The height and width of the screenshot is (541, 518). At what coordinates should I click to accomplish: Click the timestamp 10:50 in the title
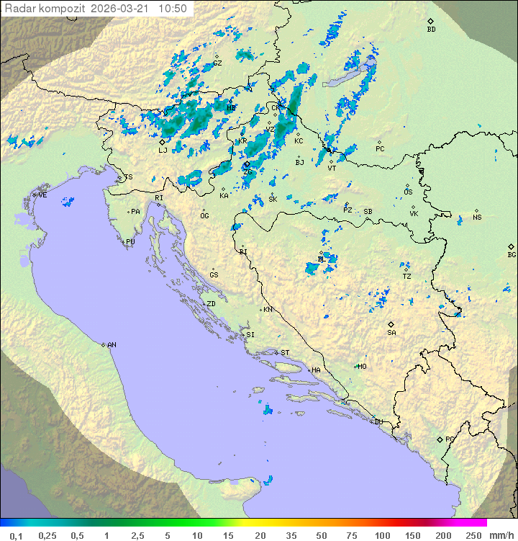pyautogui.click(x=173, y=9)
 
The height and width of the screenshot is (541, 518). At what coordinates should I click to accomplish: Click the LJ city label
pyautogui.click(x=163, y=150)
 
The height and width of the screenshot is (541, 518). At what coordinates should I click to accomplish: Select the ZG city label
pyautogui.click(x=248, y=172)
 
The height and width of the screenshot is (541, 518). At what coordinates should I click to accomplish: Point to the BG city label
pyautogui.click(x=512, y=254)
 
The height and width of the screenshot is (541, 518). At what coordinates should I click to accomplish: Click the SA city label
pyautogui.click(x=391, y=332)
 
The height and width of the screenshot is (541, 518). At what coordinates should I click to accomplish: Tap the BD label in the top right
pyautogui.click(x=431, y=30)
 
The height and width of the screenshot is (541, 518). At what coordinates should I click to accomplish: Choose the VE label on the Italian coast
pyautogui.click(x=42, y=195)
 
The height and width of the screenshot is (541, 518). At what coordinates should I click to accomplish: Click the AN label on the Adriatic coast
pyautogui.click(x=112, y=345)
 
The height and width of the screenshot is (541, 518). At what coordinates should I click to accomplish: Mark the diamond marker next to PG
pyautogui.click(x=440, y=439)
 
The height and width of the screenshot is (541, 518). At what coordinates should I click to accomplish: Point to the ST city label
pyautogui.click(x=285, y=353)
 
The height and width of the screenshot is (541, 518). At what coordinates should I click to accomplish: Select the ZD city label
pyautogui.click(x=211, y=304)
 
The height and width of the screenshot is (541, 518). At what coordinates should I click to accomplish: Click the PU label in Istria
pyautogui.click(x=130, y=242)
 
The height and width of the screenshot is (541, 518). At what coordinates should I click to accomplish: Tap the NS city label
pyautogui.click(x=477, y=218)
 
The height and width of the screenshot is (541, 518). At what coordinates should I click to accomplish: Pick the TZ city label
pyautogui.click(x=406, y=276)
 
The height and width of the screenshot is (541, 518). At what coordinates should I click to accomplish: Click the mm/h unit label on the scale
pyautogui.click(x=499, y=535)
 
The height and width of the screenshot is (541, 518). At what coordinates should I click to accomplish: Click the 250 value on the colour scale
pyautogui.click(x=473, y=535)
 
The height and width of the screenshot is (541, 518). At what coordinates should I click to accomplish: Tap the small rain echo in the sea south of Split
pyautogui.click(x=268, y=410)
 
